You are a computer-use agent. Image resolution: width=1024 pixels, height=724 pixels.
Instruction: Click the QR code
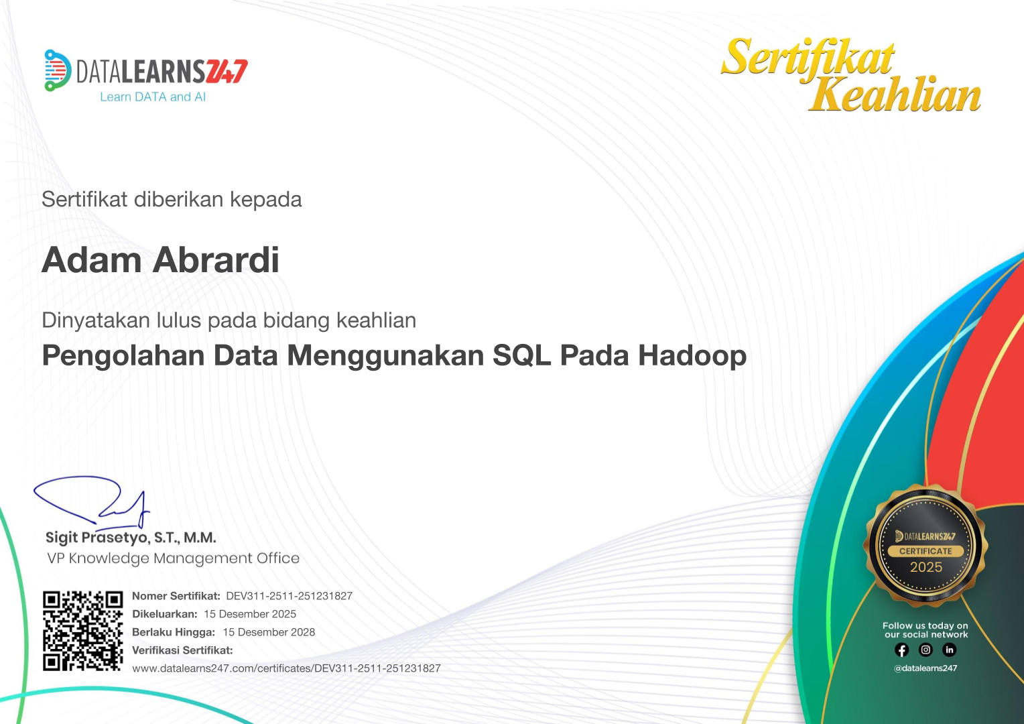pos(83,630)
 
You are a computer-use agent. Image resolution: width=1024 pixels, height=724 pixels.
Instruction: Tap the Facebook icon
pos(902,650)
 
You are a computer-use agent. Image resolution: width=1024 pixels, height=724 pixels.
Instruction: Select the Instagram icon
pos(925,650)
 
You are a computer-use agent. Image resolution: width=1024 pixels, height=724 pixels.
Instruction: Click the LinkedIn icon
pos(949,650)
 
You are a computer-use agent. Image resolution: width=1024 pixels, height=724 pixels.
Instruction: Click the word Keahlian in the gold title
pos(895,94)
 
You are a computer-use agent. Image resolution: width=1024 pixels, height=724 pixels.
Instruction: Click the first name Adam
pos(92,260)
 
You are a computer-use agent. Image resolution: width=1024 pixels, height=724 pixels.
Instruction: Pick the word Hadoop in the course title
pos(692,356)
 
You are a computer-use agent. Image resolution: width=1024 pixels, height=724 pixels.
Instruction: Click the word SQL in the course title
pos(521,356)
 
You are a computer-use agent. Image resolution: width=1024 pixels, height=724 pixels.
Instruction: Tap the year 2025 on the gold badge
pos(926,567)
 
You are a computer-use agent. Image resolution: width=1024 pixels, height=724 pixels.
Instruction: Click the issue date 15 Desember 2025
pos(250,614)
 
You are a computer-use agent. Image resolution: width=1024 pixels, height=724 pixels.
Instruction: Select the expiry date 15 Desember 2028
pos(269,632)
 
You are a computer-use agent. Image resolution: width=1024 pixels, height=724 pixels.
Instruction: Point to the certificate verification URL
pos(286,668)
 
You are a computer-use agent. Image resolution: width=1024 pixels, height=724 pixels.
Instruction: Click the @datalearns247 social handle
pos(925,668)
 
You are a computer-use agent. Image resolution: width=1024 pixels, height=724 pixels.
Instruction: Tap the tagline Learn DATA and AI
pos(153,97)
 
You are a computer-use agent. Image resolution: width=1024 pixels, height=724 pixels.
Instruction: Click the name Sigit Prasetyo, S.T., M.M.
pos(131,538)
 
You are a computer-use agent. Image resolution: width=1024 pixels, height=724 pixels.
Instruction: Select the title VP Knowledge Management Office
pos(173,558)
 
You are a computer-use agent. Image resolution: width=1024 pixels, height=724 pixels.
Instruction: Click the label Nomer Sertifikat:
pos(176,596)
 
